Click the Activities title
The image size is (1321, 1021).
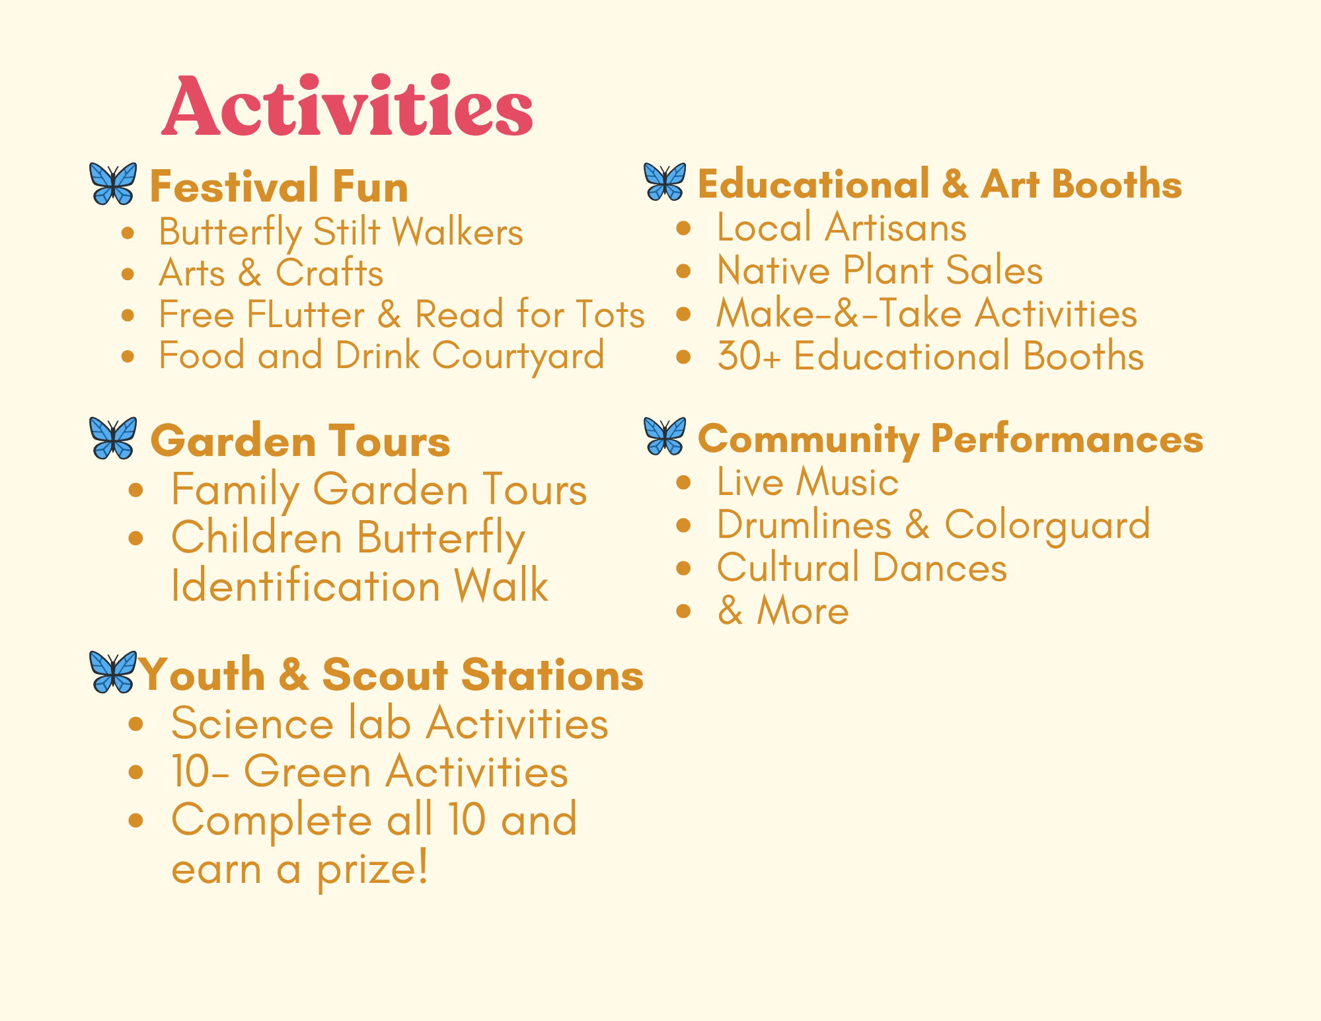pyautogui.click(x=348, y=106)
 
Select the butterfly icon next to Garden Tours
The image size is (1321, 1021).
pyautogui.click(x=113, y=437)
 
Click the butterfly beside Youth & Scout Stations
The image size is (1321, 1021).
pyautogui.click(x=113, y=671)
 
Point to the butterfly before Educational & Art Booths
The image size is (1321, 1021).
pyautogui.click(x=665, y=182)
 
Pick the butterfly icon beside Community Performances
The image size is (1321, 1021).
pyautogui.click(x=665, y=436)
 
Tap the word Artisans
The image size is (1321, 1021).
pyautogui.click(x=895, y=227)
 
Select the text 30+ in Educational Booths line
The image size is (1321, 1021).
pyautogui.click(x=749, y=356)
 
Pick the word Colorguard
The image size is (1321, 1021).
pyautogui.click(x=1047, y=526)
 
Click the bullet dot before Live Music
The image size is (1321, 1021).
pyautogui.click(x=684, y=482)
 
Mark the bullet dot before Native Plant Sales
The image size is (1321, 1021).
pyautogui.click(x=684, y=271)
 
